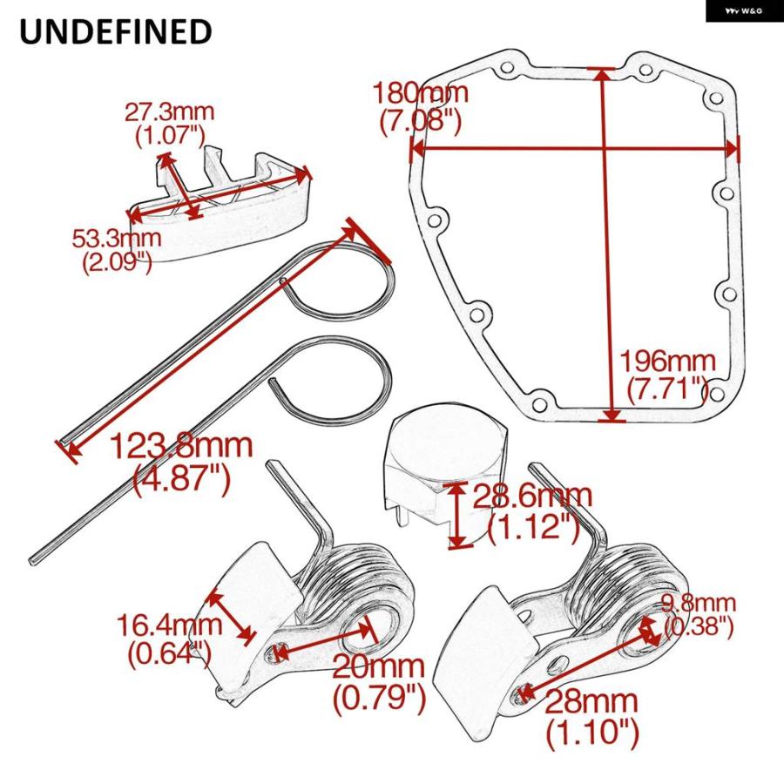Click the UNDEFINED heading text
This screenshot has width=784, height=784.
point(116,31)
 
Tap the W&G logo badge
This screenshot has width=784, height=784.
point(745,10)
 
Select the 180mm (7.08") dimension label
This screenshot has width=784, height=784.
point(421,107)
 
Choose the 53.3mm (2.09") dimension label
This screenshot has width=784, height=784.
point(117,250)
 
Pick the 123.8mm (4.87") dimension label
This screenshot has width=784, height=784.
point(181,463)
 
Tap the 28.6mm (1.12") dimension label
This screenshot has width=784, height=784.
point(532,511)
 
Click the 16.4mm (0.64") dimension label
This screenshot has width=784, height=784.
point(170,640)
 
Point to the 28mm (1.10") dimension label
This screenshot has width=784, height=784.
point(592,717)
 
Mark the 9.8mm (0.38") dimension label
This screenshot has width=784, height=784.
point(699,615)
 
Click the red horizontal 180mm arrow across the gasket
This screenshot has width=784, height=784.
point(574,148)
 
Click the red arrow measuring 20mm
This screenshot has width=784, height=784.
point(325,641)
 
